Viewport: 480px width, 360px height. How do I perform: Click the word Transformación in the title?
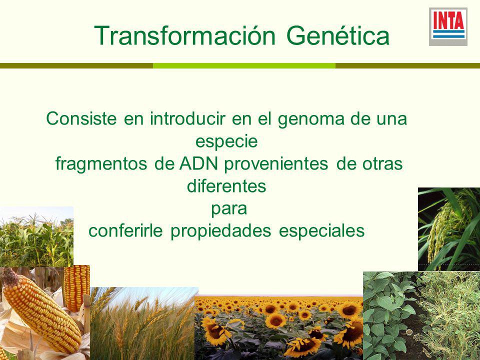(185, 35)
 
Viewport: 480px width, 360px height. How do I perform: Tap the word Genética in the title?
(338, 35)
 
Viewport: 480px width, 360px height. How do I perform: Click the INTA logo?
(448, 26)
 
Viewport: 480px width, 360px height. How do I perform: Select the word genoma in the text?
(310, 119)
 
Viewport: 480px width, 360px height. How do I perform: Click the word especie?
(226, 141)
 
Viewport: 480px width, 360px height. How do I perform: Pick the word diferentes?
(226, 185)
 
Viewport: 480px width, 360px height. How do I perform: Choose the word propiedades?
(220, 231)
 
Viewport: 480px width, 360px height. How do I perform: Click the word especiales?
(321, 231)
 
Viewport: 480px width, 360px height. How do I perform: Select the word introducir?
(187, 119)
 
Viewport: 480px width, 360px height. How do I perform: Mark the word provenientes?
(276, 164)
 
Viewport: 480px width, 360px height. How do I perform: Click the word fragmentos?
(101, 164)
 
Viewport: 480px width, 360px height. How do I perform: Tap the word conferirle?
(125, 231)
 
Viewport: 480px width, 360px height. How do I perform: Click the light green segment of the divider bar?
(244, 66)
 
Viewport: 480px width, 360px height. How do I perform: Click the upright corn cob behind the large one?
(76, 288)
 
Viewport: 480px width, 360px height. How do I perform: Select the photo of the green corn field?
(36, 236)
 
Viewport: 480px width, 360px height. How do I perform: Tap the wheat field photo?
(144, 323)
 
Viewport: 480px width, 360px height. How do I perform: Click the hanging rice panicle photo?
(449, 229)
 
